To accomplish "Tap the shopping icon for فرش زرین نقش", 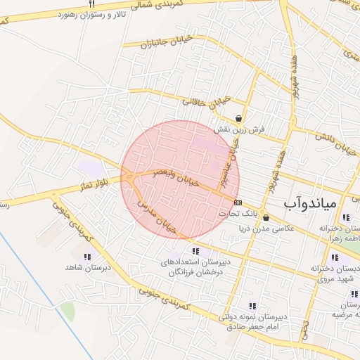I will tap(240, 119).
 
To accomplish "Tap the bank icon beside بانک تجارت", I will tap(238, 202).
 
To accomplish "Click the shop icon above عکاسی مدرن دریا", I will tap(265, 218).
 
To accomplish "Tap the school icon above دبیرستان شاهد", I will tap(87, 257).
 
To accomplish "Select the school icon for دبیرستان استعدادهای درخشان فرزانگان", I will tap(194, 251).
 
